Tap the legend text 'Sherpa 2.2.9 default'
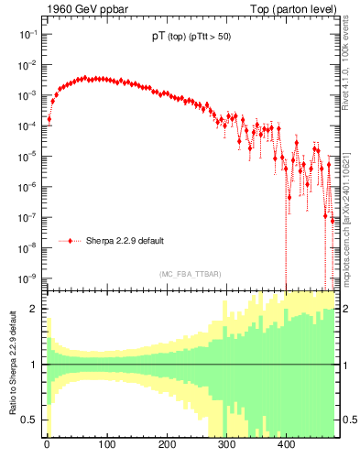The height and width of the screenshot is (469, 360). click(125, 241)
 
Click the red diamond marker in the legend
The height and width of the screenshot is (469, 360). click(71, 241)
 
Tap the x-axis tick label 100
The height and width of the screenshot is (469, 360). click(106, 445)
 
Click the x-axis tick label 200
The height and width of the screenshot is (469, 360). click(166, 445)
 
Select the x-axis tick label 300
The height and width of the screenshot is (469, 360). click(226, 445)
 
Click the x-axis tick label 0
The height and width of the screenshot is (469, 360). click(47, 445)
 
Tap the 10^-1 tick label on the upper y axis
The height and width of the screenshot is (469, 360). click(27, 34)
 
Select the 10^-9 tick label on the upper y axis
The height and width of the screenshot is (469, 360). click(27, 278)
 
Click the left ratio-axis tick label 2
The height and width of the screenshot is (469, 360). click(34, 309)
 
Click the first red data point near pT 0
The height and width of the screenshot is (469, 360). click(49, 119)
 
